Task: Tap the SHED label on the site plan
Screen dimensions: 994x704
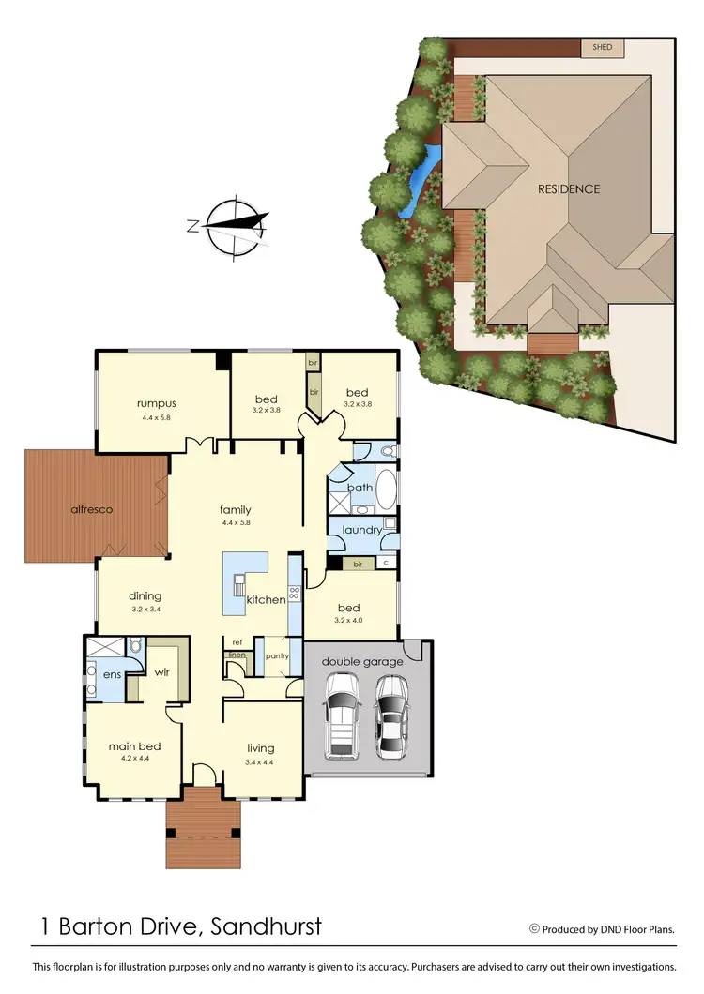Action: [x=598, y=45]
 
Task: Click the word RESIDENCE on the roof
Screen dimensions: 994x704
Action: [x=568, y=188]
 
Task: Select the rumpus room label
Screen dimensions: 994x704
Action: [x=157, y=404]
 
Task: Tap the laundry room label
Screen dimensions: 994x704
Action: [x=361, y=530]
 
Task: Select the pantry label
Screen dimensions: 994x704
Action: [x=276, y=656]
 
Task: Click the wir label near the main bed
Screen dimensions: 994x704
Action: [x=161, y=672]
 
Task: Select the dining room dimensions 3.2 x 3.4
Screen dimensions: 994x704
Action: [x=145, y=608]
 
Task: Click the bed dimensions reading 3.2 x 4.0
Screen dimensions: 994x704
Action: [x=347, y=620]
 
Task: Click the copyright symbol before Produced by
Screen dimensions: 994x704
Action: [x=534, y=929]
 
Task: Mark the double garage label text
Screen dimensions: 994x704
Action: [x=362, y=661]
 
